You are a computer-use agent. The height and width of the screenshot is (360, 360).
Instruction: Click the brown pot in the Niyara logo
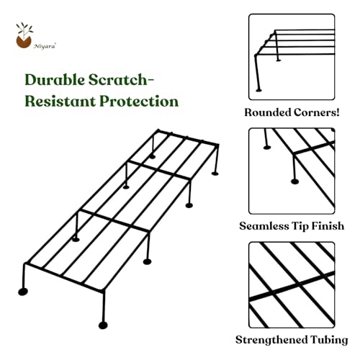[24, 42]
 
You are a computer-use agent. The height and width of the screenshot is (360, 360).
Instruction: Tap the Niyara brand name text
[45, 46]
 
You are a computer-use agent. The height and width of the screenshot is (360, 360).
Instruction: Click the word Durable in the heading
[55, 79]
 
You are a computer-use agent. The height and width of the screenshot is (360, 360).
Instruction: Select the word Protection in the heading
[139, 102]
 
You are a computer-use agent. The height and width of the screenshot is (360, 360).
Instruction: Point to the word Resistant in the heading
[60, 102]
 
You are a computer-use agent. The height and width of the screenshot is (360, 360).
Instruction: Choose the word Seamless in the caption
[264, 226]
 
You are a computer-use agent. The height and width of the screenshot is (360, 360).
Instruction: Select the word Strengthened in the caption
[271, 340]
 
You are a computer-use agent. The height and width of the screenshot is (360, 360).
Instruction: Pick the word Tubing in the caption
[329, 340]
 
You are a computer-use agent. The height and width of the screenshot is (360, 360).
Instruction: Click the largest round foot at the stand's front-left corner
[23, 292]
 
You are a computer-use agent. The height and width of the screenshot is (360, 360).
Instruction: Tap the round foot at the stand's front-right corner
[103, 325]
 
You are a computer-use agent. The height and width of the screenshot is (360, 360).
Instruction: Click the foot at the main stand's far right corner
[215, 174]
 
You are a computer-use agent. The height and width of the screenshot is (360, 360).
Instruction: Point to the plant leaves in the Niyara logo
[24, 29]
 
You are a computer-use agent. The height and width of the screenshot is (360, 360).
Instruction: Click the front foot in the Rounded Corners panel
[258, 90]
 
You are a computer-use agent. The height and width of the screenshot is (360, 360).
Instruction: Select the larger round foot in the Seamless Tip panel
[294, 181]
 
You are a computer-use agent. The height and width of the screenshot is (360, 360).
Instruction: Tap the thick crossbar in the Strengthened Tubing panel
[292, 286]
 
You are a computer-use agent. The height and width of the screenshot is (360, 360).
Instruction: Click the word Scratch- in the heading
[121, 79]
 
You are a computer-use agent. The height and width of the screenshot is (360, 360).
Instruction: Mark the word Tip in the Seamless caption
[300, 226]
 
